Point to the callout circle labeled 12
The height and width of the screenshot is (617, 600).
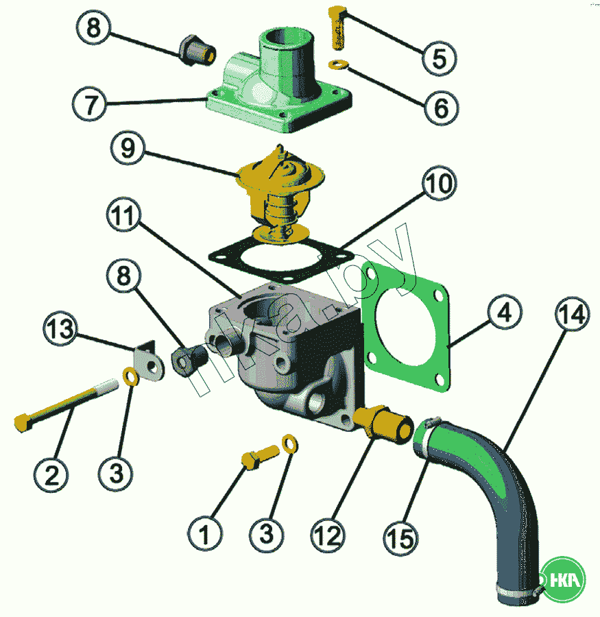tap(327, 535)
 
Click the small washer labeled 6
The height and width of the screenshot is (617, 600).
tap(338, 65)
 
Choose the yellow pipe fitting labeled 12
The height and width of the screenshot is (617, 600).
tap(381, 419)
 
